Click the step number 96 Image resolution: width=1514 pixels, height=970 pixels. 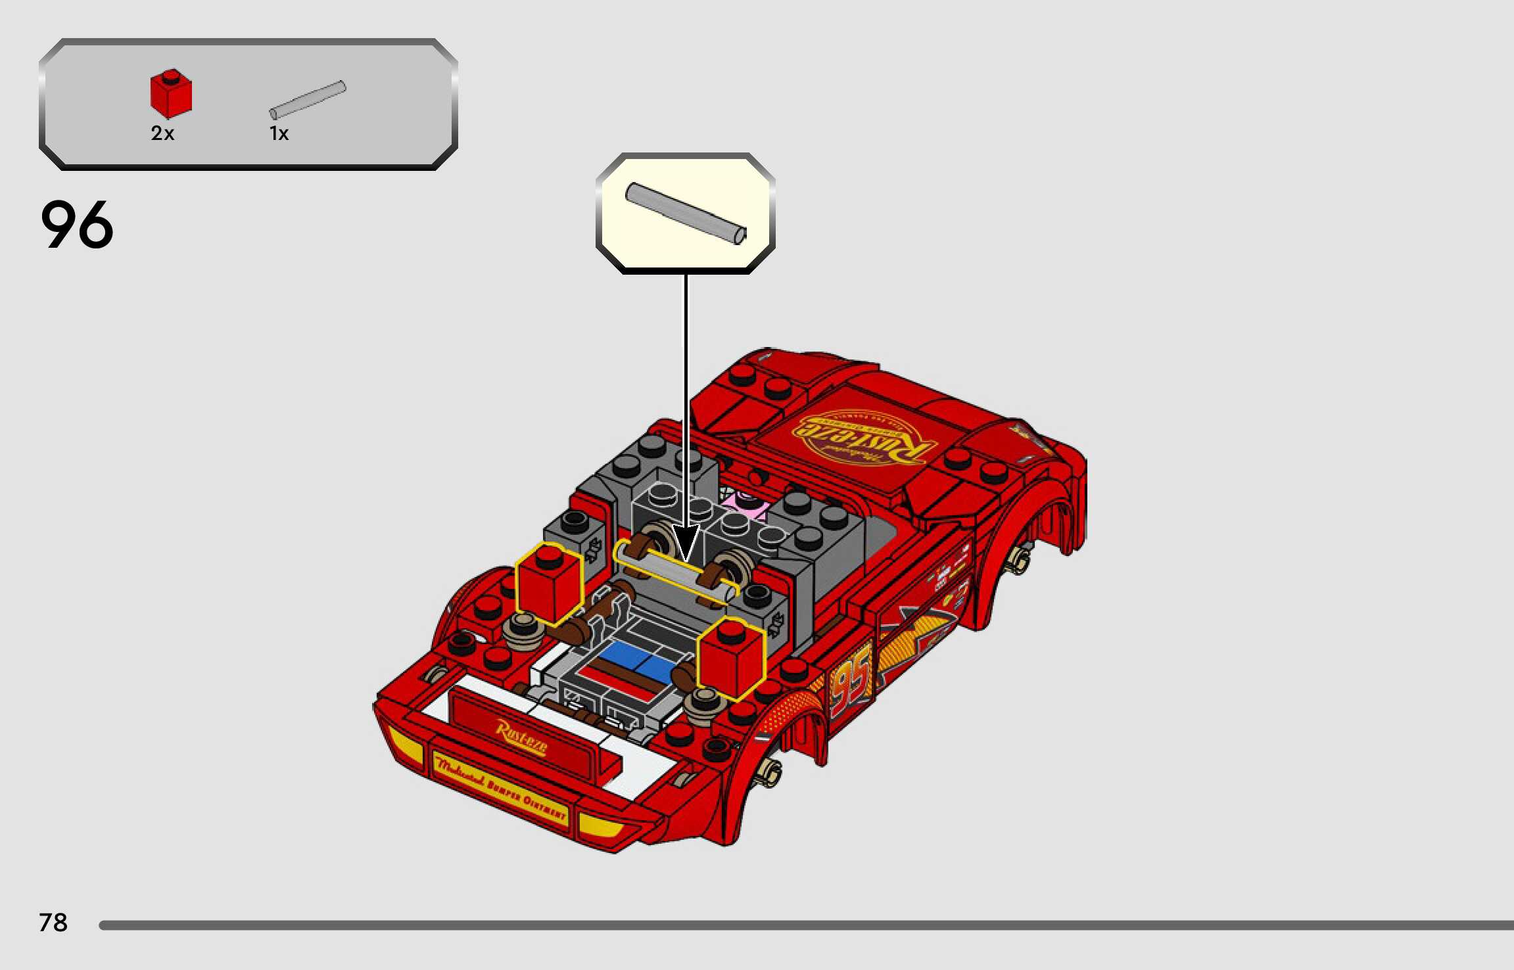click(x=77, y=225)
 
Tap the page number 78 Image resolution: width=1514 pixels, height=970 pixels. click(x=53, y=923)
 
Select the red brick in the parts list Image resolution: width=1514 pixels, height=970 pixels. click(x=171, y=94)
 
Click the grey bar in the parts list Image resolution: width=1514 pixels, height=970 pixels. click(x=308, y=100)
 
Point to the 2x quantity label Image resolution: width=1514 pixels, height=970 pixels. click(x=162, y=133)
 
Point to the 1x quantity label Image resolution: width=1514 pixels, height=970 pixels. click(x=279, y=133)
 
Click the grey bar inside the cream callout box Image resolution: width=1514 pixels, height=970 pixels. click(x=685, y=213)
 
